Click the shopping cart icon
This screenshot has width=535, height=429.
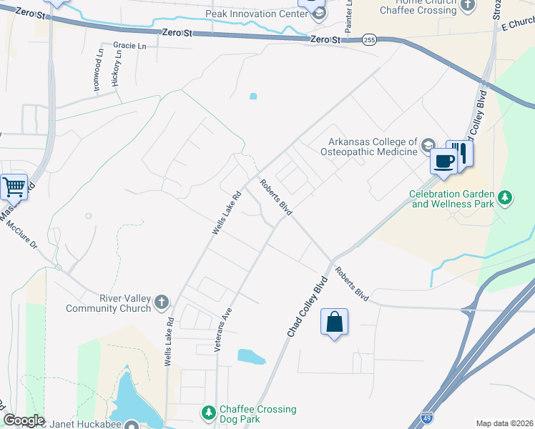[14, 188]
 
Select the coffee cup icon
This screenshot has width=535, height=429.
[443, 161]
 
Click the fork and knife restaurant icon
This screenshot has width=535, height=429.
[460, 153]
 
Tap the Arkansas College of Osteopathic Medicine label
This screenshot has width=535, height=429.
[373, 147]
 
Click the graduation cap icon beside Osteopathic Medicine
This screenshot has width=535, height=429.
[428, 147]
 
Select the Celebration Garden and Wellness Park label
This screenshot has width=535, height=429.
[453, 198]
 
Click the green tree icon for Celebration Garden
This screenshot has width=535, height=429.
[506, 197]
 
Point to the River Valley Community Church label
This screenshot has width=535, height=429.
[109, 303]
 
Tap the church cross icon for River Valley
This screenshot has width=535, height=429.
[162, 302]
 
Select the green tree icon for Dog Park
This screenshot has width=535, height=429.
[208, 413]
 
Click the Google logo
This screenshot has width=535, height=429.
[24, 420]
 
